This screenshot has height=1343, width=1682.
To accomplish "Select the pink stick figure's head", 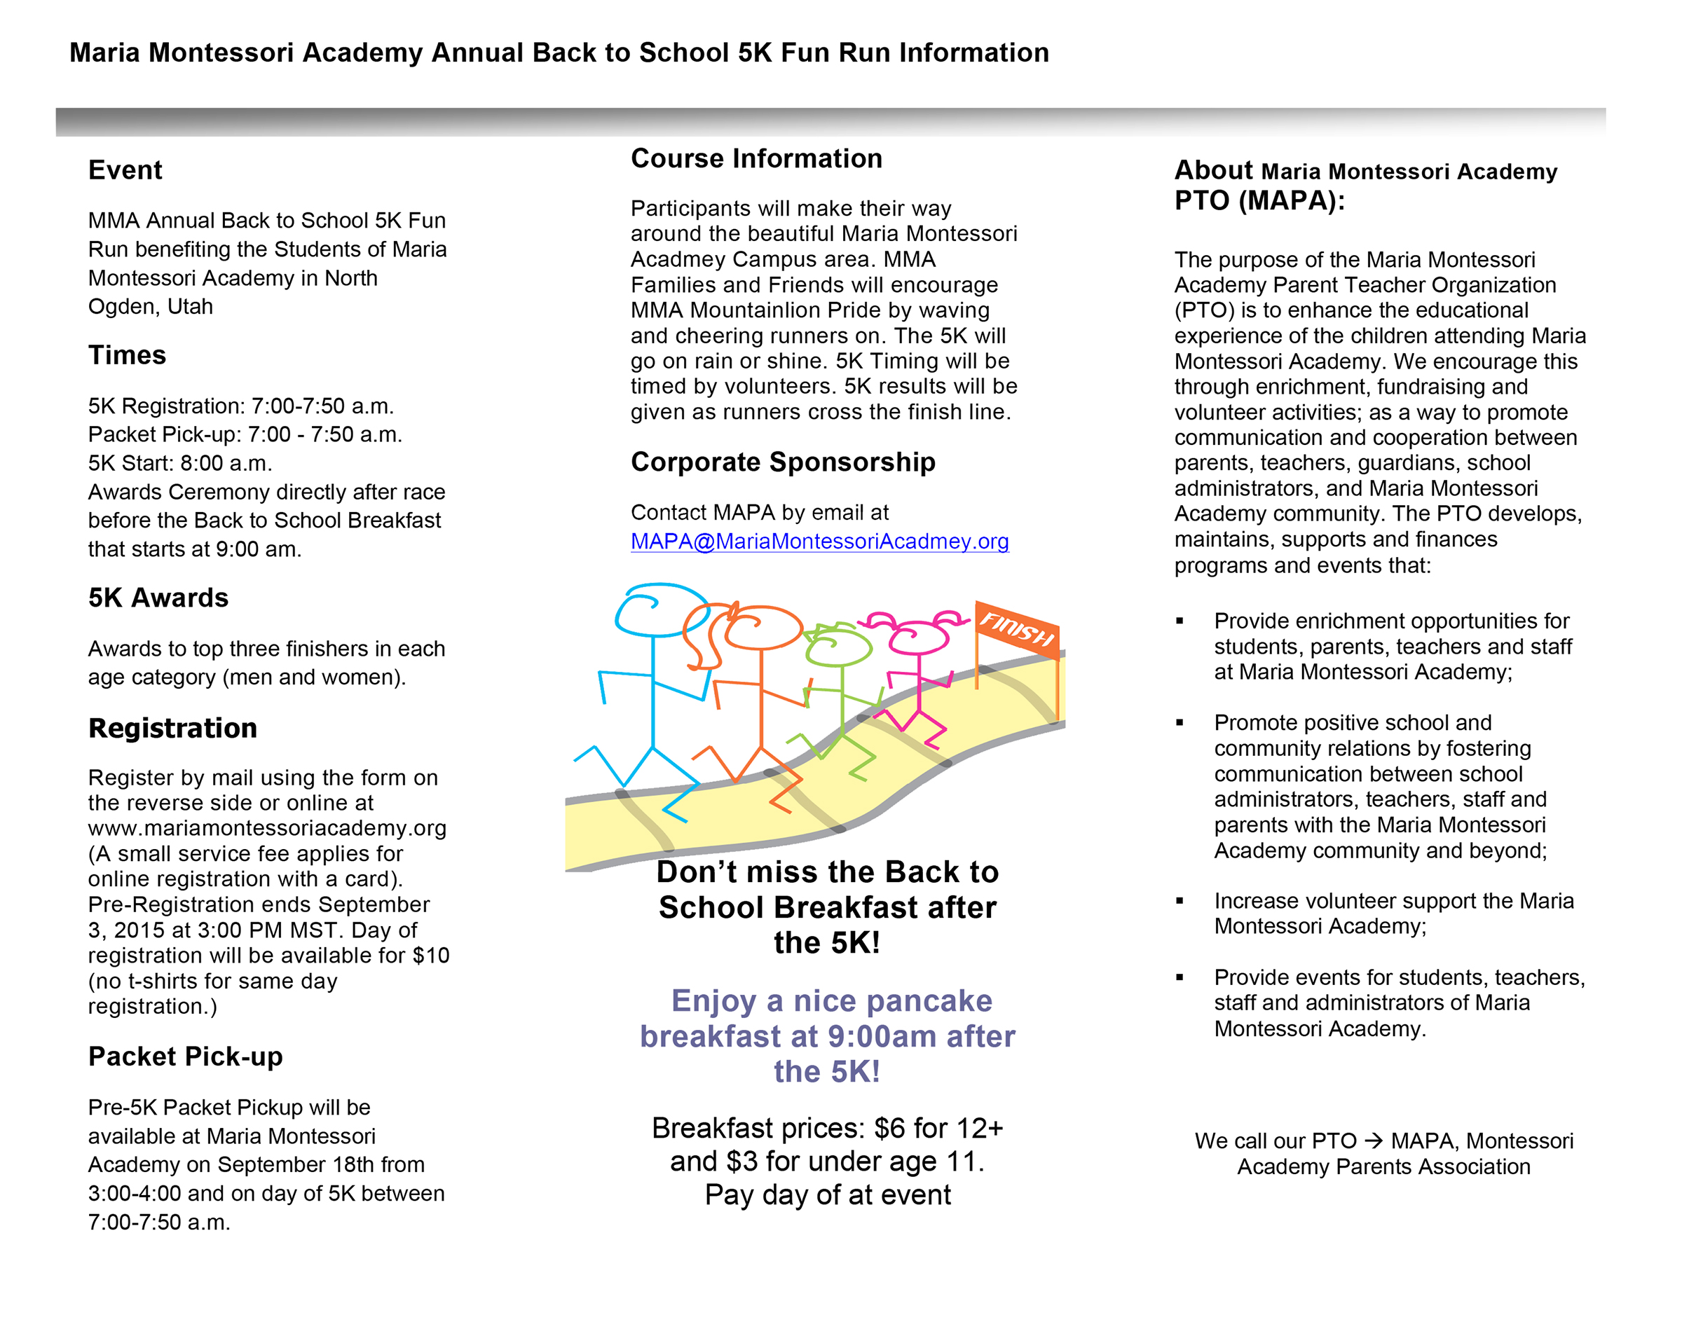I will (919, 635).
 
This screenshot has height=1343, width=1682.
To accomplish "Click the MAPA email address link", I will (819, 542).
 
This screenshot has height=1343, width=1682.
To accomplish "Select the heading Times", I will (127, 356).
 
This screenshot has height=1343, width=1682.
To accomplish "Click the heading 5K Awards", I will (158, 598).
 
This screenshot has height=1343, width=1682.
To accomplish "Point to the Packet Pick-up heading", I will (186, 1056).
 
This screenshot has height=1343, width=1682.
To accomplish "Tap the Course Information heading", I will (756, 159).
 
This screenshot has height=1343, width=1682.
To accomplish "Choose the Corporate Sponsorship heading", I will (783, 462).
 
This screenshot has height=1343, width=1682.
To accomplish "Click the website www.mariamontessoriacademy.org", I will (267, 828).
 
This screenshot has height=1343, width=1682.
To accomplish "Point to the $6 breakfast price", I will (889, 1129).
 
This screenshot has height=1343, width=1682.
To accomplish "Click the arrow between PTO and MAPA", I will (1374, 1141).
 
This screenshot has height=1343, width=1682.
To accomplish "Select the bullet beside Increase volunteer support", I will (1180, 902).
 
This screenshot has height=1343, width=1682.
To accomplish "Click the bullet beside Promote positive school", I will (1180, 723).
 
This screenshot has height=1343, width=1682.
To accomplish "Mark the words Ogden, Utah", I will (151, 308).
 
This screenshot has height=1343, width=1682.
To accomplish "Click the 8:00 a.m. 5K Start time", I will (226, 464).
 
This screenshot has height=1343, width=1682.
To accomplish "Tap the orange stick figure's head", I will (763, 628).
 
